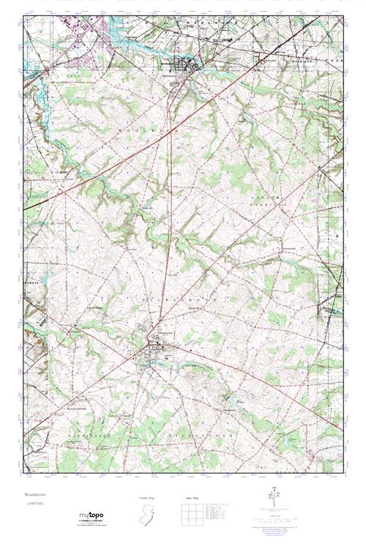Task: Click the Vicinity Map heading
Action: (x=147, y=498)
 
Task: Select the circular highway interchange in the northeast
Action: (x=261, y=61)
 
